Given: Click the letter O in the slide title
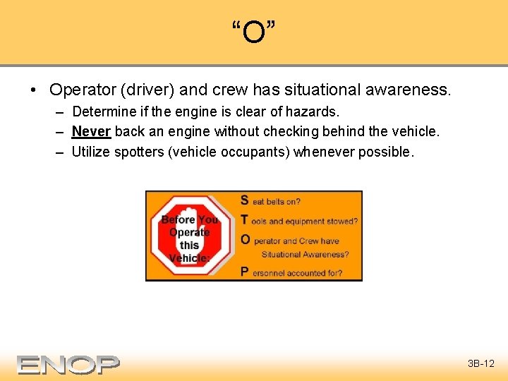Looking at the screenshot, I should [253, 32].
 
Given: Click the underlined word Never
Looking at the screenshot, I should [91, 131].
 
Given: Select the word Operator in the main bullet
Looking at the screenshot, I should [80, 90].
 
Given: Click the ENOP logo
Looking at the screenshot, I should [68, 364].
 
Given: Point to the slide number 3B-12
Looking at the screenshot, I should [480, 364].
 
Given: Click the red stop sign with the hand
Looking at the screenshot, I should [189, 236].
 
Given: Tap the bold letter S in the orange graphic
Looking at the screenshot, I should [245, 200].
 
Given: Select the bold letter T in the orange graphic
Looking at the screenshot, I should [245, 220].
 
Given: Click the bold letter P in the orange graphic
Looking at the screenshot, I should [245, 272].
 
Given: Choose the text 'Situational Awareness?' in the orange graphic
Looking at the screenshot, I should [305, 255].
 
